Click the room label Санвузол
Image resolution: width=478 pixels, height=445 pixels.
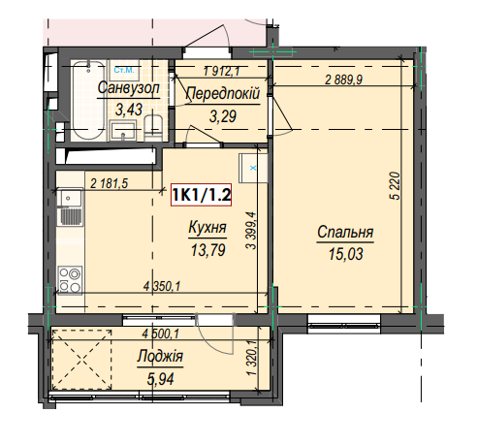point(129,88)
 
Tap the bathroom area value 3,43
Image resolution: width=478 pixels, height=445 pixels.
point(129,110)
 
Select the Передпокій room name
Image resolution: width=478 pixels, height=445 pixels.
point(223,94)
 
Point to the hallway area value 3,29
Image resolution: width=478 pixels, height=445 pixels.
point(223,116)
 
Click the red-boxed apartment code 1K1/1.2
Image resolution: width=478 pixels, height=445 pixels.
point(201,195)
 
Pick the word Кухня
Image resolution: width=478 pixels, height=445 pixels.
point(207,228)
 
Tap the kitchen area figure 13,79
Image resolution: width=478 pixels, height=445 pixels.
point(208,250)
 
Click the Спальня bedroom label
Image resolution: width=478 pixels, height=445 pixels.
point(345,232)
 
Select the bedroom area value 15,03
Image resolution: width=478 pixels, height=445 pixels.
point(345,254)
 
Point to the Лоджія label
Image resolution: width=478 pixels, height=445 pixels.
point(160,357)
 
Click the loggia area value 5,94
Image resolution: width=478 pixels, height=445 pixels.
point(160,379)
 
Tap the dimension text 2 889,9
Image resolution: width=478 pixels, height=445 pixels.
point(344,79)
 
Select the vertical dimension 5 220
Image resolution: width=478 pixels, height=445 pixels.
point(396,186)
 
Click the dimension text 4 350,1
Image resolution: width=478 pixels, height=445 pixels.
point(162,286)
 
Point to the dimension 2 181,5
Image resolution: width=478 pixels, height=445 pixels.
point(110,183)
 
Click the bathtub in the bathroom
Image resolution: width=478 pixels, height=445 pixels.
point(88,100)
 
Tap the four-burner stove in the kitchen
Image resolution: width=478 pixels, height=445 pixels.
point(70,280)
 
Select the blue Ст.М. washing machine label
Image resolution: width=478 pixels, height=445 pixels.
point(124,70)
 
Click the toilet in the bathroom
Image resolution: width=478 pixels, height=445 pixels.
point(152,127)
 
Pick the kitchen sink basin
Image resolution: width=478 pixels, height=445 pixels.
point(69,198)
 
